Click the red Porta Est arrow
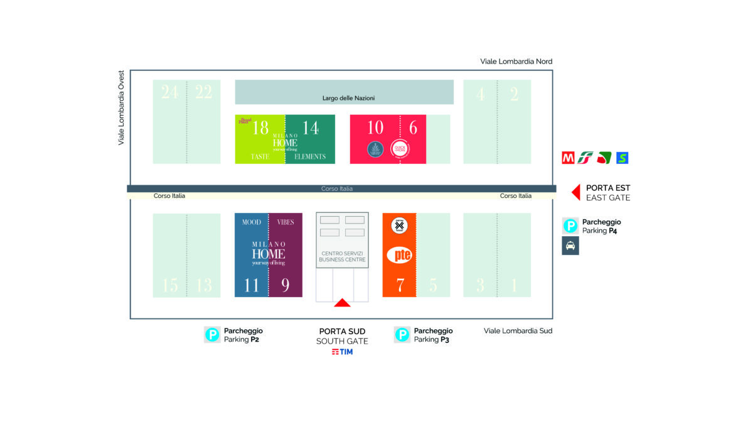coord(575,192)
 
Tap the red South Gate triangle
coord(342,303)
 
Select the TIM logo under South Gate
coord(342,352)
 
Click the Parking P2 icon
coord(212,335)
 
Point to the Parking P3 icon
coord(402,335)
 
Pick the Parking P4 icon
coord(570,226)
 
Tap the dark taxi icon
coord(570,246)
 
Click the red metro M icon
coord(569,158)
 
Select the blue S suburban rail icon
coord(622,158)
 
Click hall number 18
coord(260,128)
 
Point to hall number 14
coord(311,128)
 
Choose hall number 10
coord(375,128)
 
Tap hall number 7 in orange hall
coord(400,285)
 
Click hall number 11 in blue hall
coord(252,286)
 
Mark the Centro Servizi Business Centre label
coord(342,256)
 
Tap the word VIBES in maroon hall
coord(286,222)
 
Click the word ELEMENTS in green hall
coord(310,156)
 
